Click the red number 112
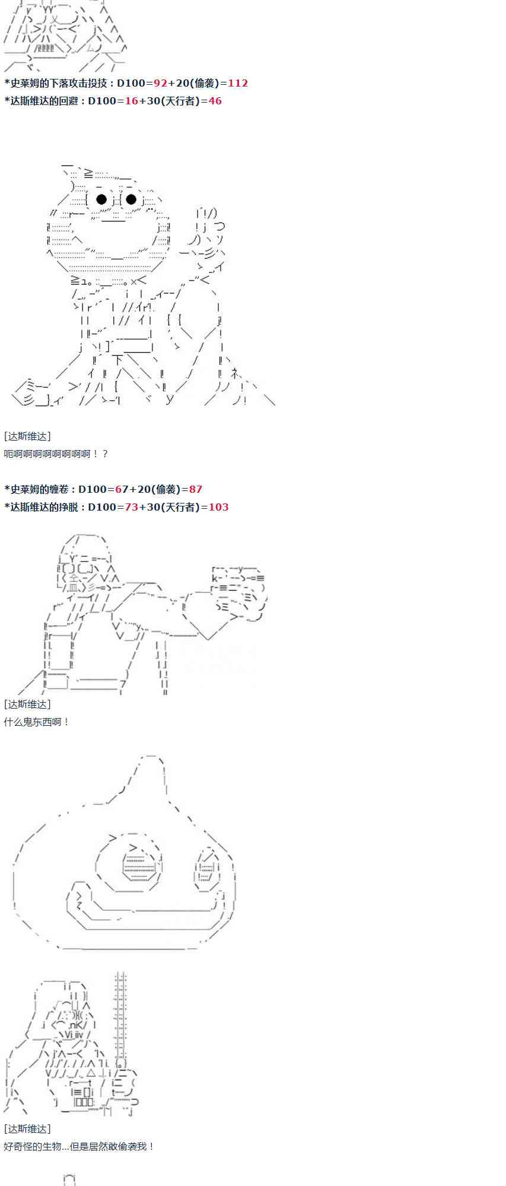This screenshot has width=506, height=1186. (x=238, y=83)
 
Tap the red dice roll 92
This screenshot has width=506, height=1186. (x=160, y=83)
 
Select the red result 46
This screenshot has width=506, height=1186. (x=215, y=101)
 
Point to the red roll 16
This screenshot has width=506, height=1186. (x=131, y=101)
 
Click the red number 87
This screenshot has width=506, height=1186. (x=196, y=489)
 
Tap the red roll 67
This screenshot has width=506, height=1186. (x=122, y=489)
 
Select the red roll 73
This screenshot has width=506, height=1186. (x=132, y=507)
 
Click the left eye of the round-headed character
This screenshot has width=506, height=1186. (x=101, y=199)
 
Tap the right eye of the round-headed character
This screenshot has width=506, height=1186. (x=132, y=199)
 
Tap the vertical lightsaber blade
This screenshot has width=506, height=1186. (x=121, y=1014)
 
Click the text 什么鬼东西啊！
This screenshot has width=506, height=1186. (x=37, y=722)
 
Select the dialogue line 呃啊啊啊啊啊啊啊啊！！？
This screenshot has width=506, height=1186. (x=56, y=454)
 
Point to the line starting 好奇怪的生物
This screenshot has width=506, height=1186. (x=79, y=1146)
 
